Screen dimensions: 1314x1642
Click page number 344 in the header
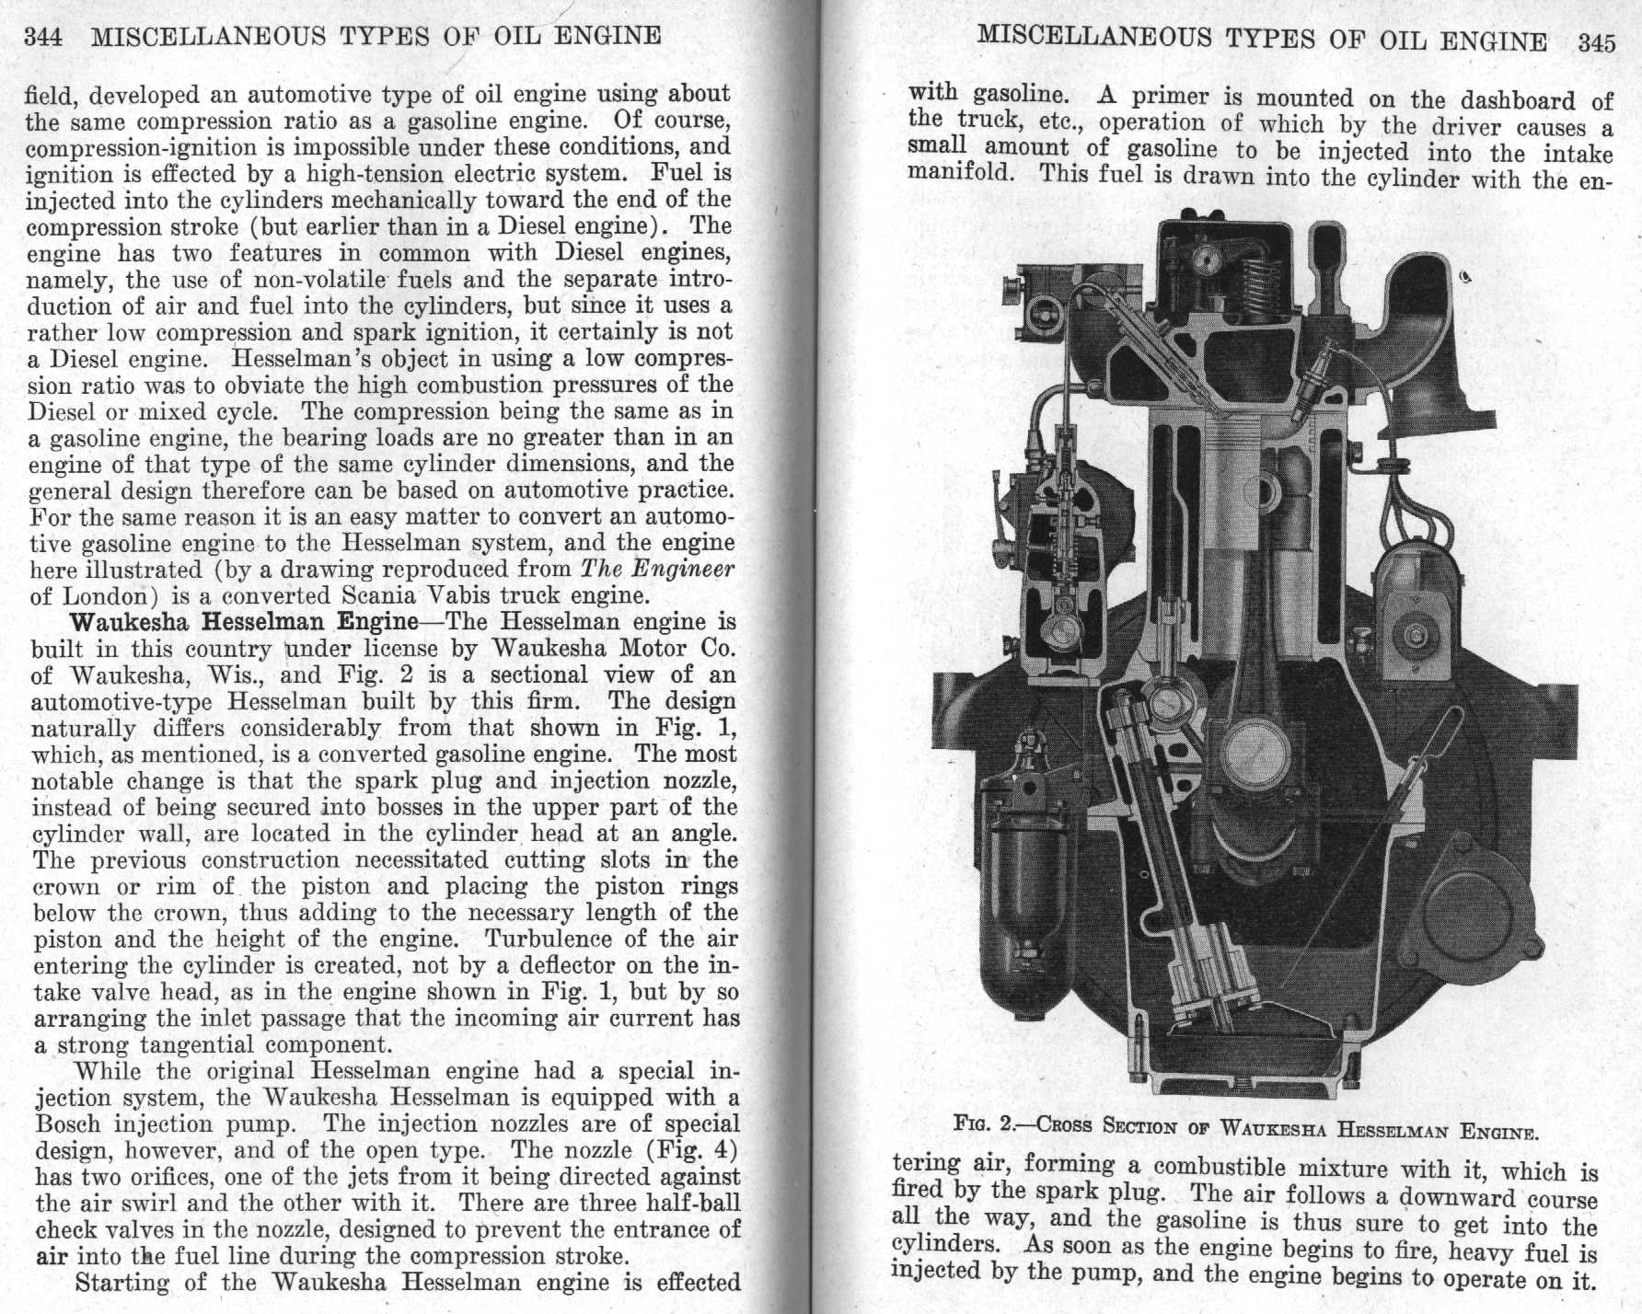41,38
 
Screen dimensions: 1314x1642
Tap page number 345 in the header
1596,43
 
